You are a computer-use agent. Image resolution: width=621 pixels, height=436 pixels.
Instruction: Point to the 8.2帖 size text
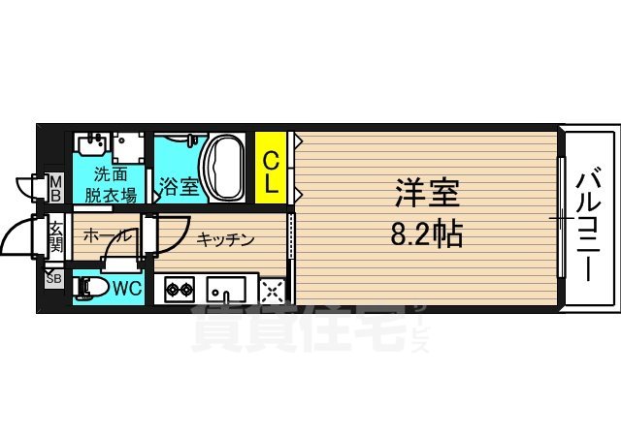click(427, 233)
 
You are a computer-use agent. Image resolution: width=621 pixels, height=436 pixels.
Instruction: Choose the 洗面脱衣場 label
click(111, 184)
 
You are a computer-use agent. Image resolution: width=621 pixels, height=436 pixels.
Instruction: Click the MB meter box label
click(55, 187)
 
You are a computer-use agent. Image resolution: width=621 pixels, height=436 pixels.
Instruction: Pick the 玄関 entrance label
click(55, 238)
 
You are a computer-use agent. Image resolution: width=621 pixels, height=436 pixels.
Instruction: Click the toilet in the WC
click(94, 288)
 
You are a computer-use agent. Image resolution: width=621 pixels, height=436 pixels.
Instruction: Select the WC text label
click(127, 289)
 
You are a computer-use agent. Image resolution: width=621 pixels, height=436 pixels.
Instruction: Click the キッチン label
click(226, 238)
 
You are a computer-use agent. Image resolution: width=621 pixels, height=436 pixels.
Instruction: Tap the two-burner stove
click(180, 289)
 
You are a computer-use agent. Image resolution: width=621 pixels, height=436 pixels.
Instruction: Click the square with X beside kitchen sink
click(273, 289)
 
